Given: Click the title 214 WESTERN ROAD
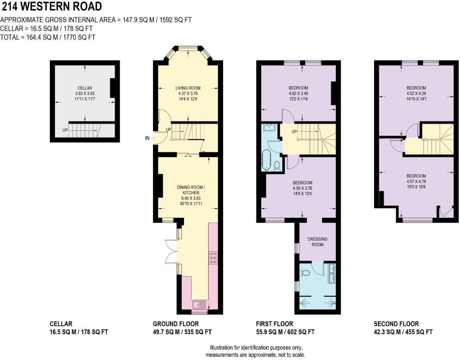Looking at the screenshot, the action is tap(52, 7).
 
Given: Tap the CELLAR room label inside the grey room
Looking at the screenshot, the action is tap(85, 88).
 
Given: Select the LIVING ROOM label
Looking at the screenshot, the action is tap(188, 88).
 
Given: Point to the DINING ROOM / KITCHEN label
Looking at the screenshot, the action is tap(191, 190).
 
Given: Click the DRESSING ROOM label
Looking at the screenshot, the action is tap(318, 242).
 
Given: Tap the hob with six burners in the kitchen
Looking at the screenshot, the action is tap(213, 258).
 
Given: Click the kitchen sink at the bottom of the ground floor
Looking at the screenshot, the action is tap(199, 305).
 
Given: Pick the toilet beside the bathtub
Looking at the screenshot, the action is tap(277, 165).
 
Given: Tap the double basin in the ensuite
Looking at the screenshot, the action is tap(332, 273).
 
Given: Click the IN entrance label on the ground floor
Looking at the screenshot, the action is tap(147, 138).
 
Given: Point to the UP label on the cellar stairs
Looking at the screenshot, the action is tap(65, 130).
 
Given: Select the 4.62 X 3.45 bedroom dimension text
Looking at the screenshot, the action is tap(299, 93).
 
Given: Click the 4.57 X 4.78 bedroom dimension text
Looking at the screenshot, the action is tap(416, 181).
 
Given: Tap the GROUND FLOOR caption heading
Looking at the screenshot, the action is tap(176, 324).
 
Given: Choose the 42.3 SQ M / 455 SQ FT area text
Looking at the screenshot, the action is tap(403, 332).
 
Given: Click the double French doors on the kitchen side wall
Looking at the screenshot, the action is tap(171, 252).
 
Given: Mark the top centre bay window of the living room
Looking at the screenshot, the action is tap(188, 48).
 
